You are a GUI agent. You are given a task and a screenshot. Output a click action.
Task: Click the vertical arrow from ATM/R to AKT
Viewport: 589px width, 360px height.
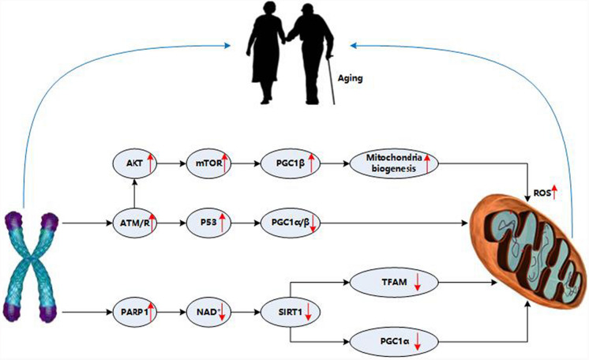(134, 194)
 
